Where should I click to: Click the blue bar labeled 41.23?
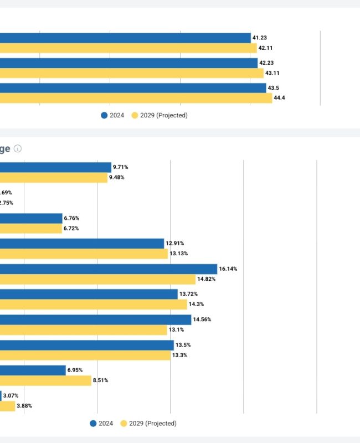click(125, 38)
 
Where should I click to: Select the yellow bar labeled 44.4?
click(136, 98)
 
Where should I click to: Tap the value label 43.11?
click(272, 73)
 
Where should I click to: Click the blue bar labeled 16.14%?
click(109, 269)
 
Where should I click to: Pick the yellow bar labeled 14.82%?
click(97, 279)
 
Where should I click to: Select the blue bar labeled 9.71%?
click(55, 167)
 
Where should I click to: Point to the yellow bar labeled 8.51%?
click(45, 380)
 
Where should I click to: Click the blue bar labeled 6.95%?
click(33, 370)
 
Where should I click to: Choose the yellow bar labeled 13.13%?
click(84, 254)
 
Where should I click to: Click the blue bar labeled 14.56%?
click(95, 320)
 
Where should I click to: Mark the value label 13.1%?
click(177, 329)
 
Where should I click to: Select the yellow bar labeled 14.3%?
click(94, 305)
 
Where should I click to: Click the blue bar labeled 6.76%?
click(31, 218)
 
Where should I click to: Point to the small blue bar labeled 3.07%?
click(1, 395)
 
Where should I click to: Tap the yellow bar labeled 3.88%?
click(7, 406)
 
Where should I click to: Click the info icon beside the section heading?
click(18, 149)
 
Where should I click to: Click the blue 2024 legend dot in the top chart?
click(104, 115)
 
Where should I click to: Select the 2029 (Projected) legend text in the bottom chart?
click(152, 424)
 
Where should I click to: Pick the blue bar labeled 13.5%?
click(87, 345)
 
